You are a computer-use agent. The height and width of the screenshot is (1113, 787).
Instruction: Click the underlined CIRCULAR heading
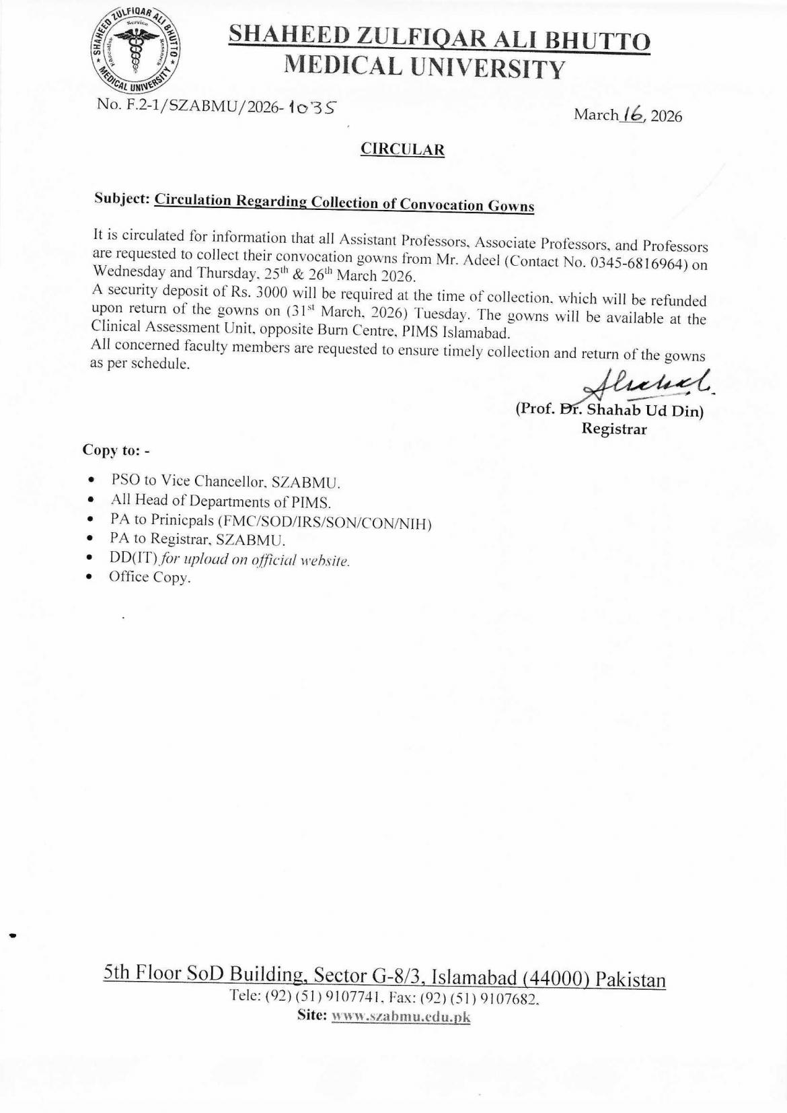402,149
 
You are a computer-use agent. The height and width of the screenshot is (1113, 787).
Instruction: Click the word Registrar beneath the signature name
613,429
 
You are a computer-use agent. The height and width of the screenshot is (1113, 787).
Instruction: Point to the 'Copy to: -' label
116,450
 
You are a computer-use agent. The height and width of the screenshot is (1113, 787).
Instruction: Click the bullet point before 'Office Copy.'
89,577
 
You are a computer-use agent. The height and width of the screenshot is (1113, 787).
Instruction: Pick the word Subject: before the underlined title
121,199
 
